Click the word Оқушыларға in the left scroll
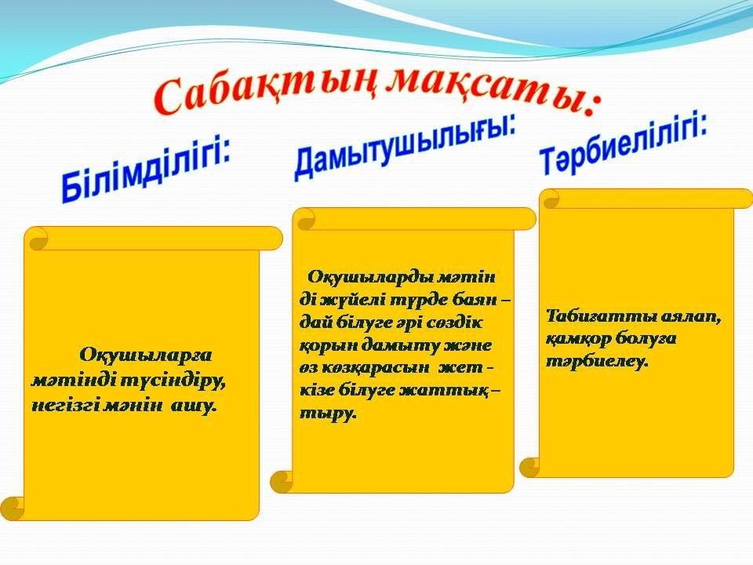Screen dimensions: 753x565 [x=146, y=356]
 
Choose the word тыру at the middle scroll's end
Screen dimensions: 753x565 [x=328, y=414]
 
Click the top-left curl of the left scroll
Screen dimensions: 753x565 [x=38, y=239]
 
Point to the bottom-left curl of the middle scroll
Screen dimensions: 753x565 [x=282, y=481]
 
